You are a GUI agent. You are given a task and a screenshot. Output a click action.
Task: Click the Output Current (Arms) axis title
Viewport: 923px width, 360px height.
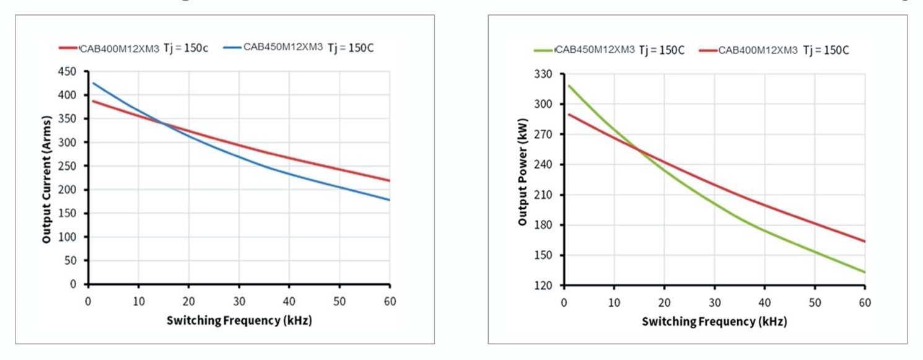tap(47, 178)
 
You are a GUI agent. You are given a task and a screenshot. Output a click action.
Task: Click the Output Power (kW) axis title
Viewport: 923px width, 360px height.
tap(522, 180)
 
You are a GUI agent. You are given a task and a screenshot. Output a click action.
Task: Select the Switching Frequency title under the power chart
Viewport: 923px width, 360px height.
tap(714, 322)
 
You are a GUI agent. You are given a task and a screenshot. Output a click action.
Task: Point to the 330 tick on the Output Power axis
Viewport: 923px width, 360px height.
tap(543, 74)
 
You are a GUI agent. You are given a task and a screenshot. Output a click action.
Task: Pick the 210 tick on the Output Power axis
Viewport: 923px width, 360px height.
tap(543, 195)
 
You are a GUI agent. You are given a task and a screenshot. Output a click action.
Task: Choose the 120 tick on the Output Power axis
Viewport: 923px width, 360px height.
tap(543, 286)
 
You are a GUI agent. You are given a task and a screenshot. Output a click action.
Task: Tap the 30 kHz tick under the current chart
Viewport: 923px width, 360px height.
tap(238, 301)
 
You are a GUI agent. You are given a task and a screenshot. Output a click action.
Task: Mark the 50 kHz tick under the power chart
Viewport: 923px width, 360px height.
tap(815, 302)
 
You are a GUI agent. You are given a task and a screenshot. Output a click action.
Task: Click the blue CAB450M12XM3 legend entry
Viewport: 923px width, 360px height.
tap(282, 47)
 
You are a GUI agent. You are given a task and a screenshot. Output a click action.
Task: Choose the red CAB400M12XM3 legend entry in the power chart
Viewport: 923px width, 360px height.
tap(758, 50)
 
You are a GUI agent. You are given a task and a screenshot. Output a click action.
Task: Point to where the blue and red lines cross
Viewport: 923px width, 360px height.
tap(163, 122)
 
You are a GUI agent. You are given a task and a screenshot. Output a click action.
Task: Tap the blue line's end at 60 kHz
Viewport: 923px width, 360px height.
tap(389, 200)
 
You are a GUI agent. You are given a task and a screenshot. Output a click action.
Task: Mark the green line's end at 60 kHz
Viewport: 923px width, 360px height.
tap(865, 272)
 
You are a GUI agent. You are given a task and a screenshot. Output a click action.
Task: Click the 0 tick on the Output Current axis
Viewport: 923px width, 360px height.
tap(80, 284)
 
